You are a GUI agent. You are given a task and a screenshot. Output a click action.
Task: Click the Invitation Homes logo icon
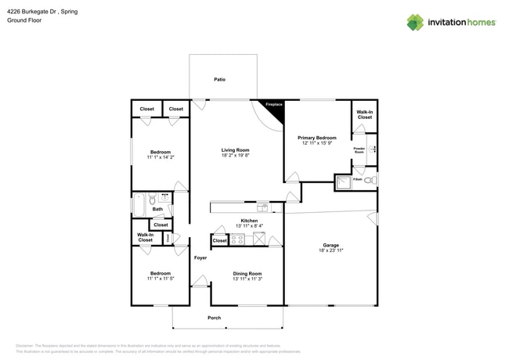click(x=414, y=22)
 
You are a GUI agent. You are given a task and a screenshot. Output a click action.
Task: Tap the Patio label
click(x=220, y=79)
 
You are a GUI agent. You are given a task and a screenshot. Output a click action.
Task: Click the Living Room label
click(x=235, y=149)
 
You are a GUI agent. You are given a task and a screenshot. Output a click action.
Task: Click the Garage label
click(x=330, y=244)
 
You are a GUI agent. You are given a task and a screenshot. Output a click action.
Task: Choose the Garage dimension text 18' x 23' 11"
click(x=330, y=250)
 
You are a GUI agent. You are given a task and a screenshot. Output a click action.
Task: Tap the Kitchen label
click(x=249, y=221)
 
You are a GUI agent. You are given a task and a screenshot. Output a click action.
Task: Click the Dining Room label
click(x=247, y=273)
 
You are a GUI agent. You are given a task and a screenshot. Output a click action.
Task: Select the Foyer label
click(x=200, y=257)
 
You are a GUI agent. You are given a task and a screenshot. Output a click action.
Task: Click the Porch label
click(x=214, y=317)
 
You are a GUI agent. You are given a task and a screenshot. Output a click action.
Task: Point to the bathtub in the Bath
click(x=139, y=205)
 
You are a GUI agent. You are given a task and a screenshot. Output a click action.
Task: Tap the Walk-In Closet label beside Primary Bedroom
click(x=364, y=115)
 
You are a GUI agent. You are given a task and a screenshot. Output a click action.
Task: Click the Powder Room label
click(x=359, y=149)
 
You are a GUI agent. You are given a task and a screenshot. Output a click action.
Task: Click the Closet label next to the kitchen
click(x=220, y=241)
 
